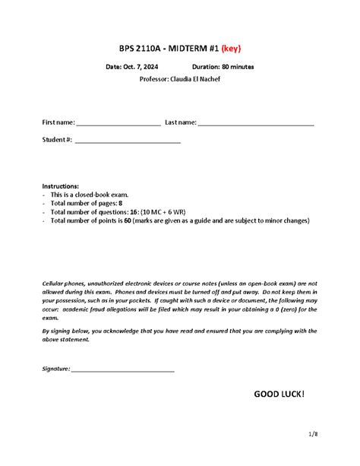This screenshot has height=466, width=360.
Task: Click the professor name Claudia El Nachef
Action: tap(196, 79)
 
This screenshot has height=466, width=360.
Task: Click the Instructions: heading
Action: tap(59, 185)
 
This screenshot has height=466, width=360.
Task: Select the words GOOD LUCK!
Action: tap(279, 394)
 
